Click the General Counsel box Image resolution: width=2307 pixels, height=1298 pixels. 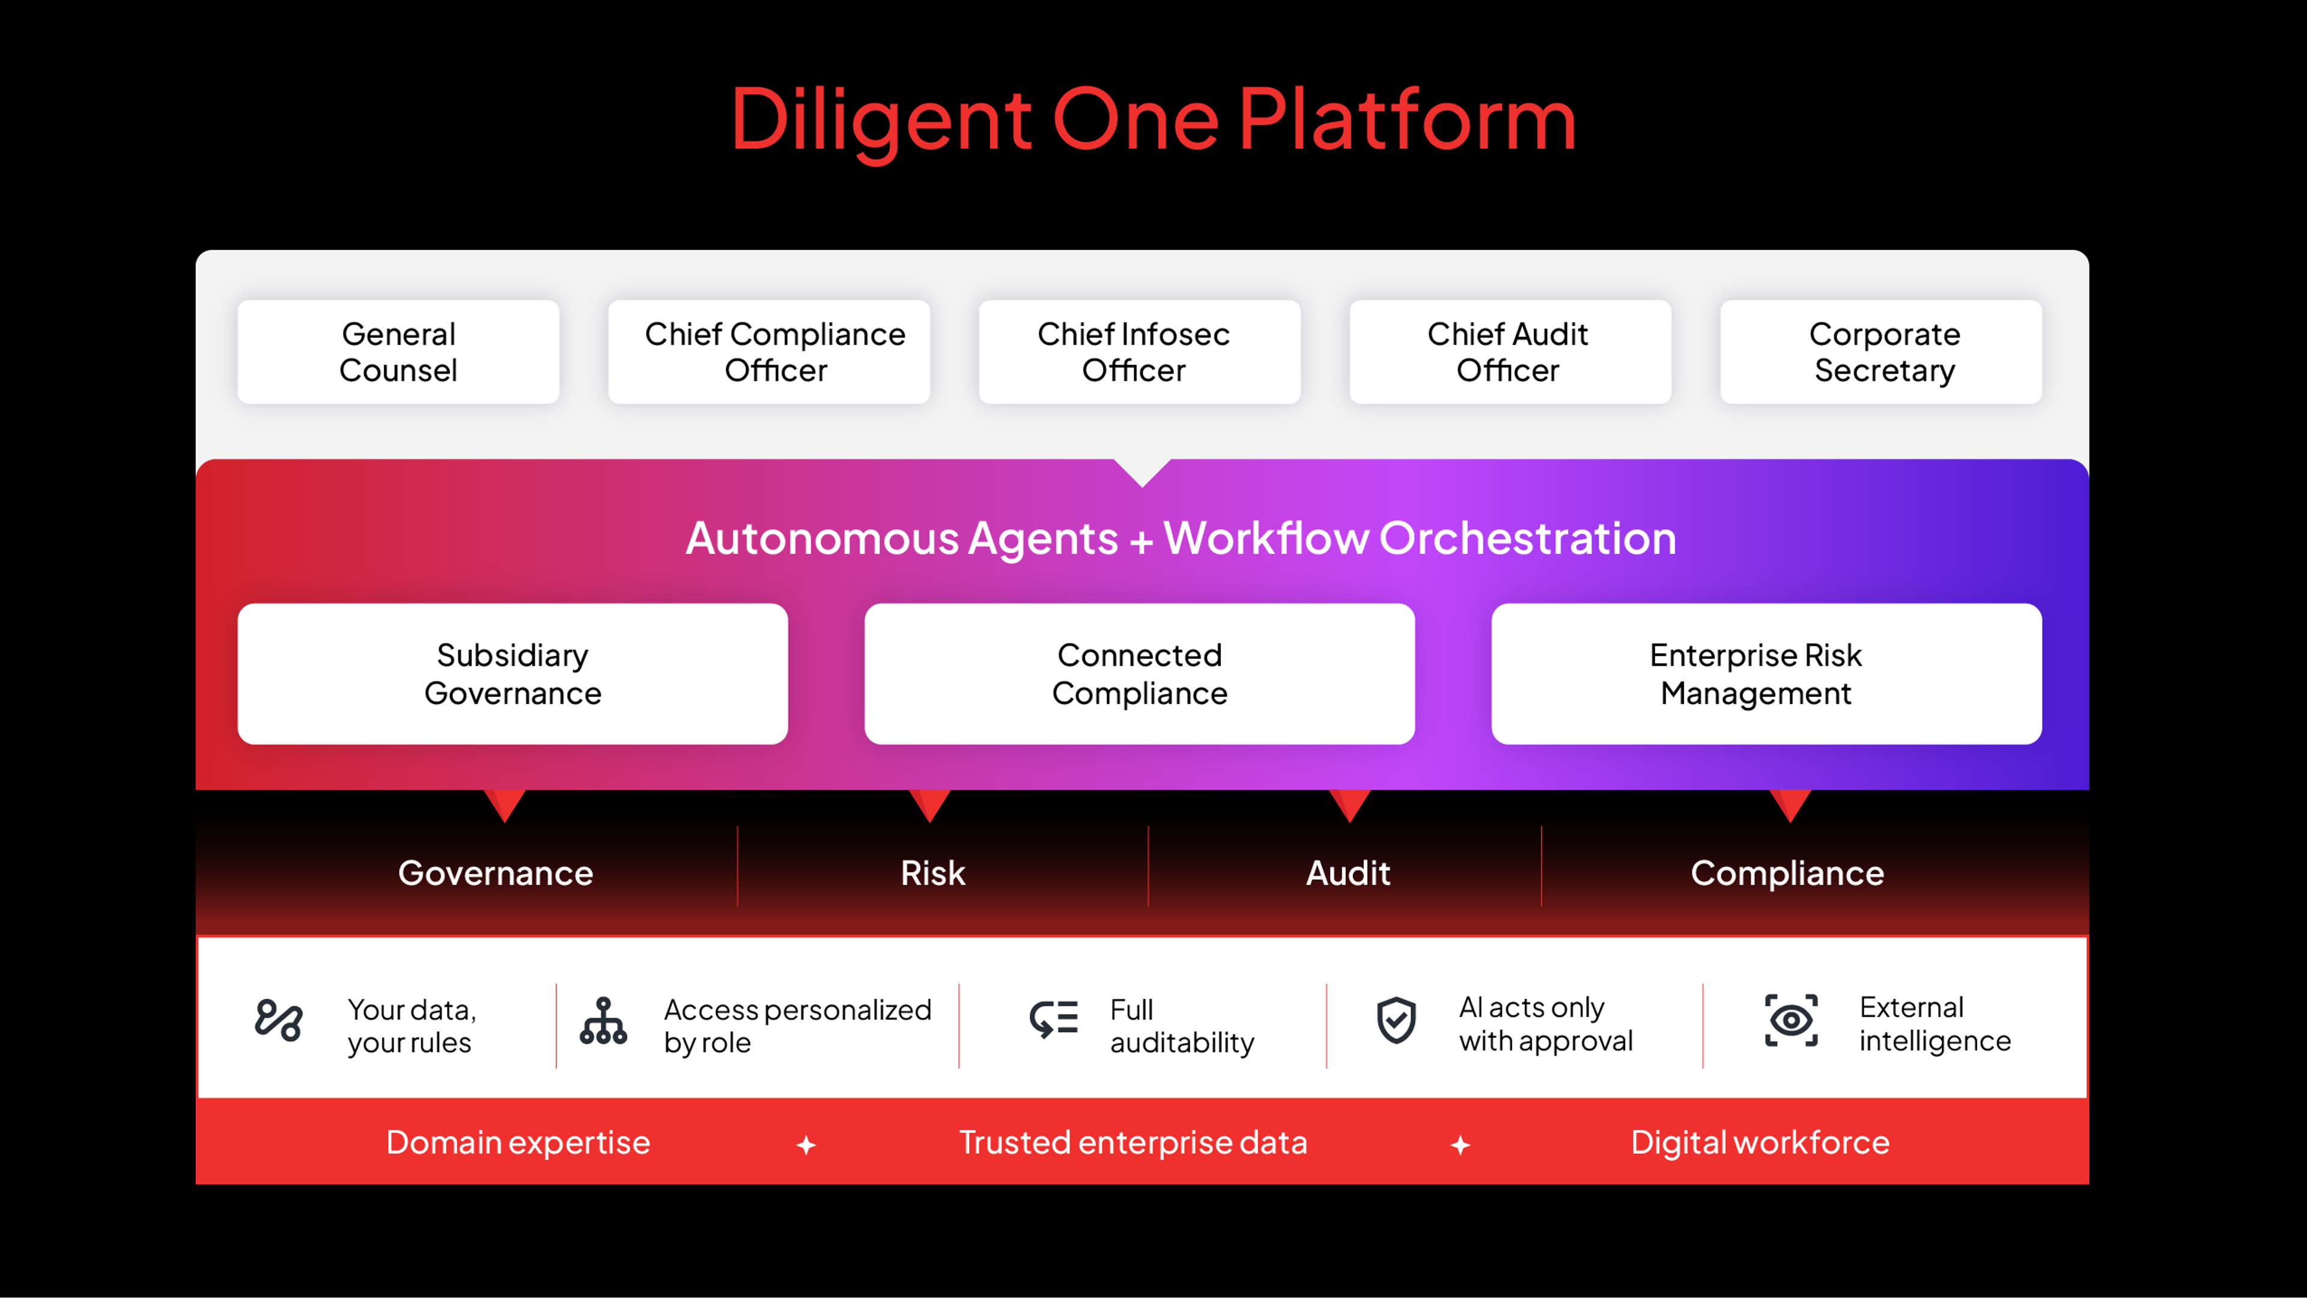pos(398,352)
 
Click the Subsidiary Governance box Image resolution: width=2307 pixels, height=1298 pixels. pos(512,673)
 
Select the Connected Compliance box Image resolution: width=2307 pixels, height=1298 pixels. pos(1139,673)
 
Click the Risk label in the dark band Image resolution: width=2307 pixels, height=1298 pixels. pos(932,873)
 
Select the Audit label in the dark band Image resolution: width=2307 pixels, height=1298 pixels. pos(1348,873)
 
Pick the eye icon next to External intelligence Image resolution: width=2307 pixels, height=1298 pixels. pos(1791,1021)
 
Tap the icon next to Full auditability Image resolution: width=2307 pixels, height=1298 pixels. pos(1053,1020)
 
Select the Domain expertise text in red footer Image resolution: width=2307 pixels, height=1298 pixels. pos(518,1143)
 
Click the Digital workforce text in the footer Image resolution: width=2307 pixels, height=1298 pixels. pos(1760,1143)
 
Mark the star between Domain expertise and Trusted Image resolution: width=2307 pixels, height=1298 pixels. pos(806,1145)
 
